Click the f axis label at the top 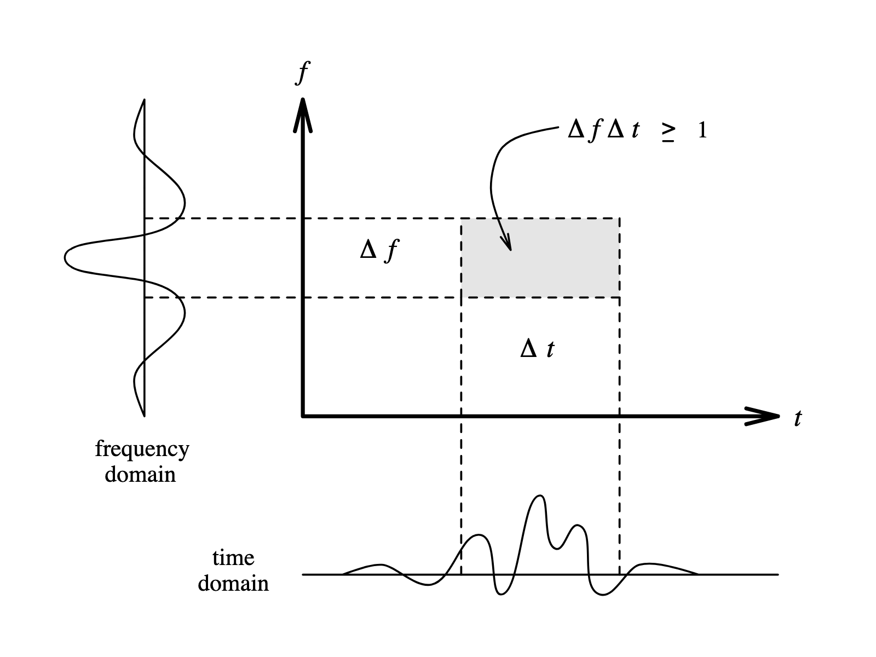tap(302, 72)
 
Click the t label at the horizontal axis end tap(798, 419)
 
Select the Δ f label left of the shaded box tap(379, 251)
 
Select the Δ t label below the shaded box tap(537, 349)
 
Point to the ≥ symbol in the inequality tap(667, 132)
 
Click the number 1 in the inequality tap(702, 131)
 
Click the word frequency tap(142, 449)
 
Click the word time tap(233, 558)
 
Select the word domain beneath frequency tap(140, 474)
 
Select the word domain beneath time tap(233, 584)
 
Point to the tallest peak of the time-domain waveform tap(540, 496)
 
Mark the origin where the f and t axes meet tap(303, 417)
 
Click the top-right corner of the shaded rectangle tap(619, 219)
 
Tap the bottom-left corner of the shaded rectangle tap(462, 297)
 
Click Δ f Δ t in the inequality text tap(603, 131)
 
